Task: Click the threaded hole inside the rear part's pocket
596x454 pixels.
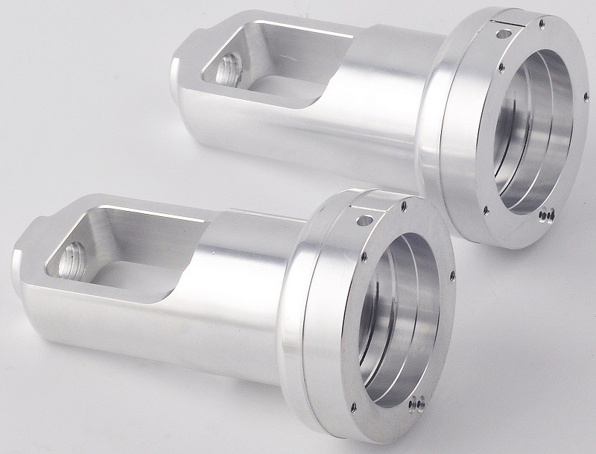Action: coord(225,72)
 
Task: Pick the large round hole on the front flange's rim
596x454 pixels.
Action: coord(364,221)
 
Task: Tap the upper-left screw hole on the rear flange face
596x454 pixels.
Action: coord(501,66)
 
